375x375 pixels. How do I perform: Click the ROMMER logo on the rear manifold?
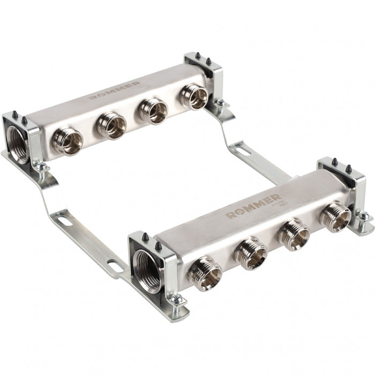[x=115, y=91]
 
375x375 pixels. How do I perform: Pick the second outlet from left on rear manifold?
[x=112, y=126]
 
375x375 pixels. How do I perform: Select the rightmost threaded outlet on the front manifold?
[x=335, y=216]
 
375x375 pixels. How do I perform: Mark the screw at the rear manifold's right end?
[x=220, y=103]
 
